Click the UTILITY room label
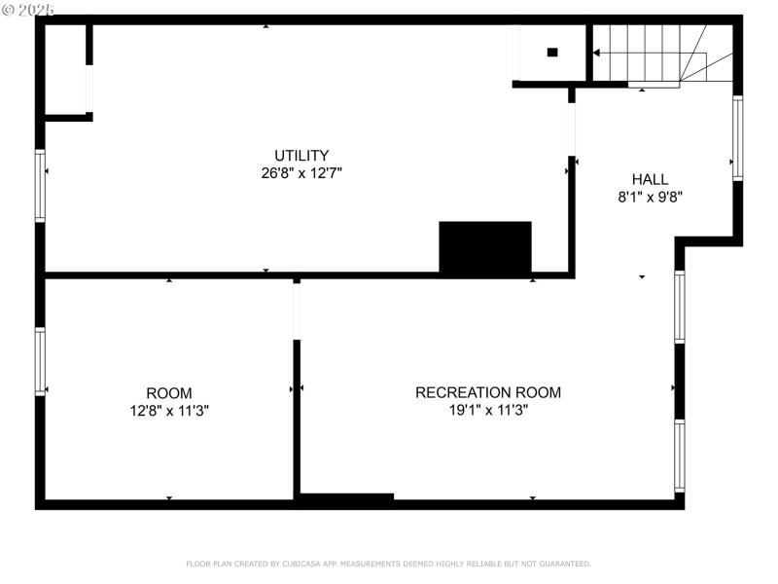pos(301,156)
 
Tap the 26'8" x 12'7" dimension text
pos(301,173)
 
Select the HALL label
pos(650,179)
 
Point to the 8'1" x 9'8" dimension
pos(650,197)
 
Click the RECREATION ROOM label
pos(488,392)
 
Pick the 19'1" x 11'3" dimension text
pos(488,410)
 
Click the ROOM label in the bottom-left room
pos(169,393)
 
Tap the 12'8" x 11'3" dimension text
pos(169,411)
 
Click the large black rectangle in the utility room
pos(485,247)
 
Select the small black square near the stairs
pos(552,53)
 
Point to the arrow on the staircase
pos(596,53)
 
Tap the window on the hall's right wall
pos(737,138)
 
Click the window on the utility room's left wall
pos(40,185)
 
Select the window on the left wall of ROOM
pos(40,361)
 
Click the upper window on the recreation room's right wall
pos(680,307)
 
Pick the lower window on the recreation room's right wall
pos(680,455)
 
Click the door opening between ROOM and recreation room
pos(297,310)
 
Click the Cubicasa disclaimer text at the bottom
pos(389,564)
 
